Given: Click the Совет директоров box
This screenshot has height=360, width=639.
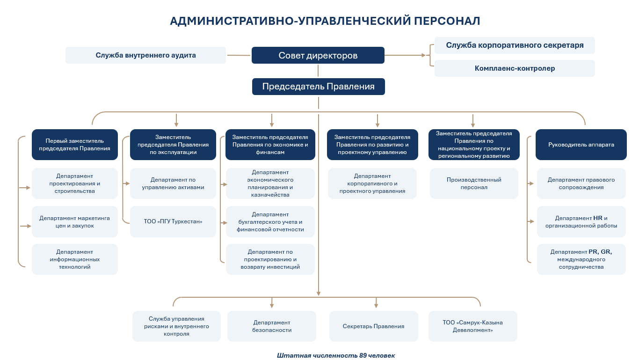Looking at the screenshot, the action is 318,55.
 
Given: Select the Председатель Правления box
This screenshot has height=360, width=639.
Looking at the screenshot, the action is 319,87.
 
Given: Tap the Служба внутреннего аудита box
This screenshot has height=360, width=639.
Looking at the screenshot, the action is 145,55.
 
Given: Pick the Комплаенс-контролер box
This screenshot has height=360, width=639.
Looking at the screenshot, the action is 515,68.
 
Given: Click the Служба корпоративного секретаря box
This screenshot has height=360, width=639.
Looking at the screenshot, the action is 515,45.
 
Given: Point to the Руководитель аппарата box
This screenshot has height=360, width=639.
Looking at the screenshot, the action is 581,145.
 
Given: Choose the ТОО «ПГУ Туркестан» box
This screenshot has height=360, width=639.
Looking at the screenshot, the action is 173,221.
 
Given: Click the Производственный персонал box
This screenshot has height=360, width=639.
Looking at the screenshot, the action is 474,184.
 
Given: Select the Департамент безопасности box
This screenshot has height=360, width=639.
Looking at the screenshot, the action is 272,326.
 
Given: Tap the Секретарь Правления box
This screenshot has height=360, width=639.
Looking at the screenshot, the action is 373,326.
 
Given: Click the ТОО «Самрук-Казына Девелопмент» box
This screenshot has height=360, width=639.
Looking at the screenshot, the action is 472,326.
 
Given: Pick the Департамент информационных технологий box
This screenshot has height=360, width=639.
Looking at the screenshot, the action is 75,259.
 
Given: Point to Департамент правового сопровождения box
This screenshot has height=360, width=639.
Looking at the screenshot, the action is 581,184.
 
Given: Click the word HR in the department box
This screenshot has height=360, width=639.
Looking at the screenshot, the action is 598,218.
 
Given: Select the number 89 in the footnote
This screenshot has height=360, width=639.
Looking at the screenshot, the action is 363,355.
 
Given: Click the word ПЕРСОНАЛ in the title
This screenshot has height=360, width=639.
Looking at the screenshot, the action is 447,21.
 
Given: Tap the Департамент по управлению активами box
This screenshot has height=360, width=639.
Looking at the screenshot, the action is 173,184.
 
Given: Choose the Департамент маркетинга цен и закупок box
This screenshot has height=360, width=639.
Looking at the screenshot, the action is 75,221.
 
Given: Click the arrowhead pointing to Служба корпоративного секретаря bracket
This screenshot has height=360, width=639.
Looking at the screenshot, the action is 424,55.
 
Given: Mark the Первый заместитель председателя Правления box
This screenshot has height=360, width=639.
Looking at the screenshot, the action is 75,145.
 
